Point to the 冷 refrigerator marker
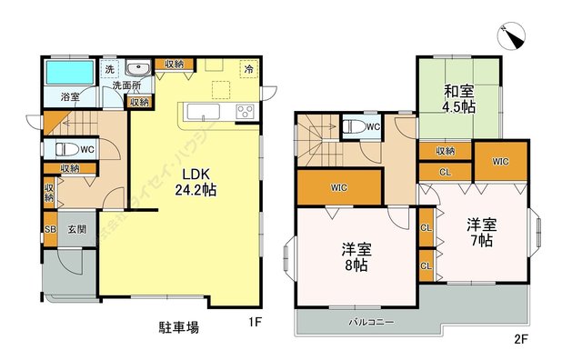point(248,69)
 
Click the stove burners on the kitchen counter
point(246,112)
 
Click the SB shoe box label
point(50,229)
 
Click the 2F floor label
point(520,341)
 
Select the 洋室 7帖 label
point(480,232)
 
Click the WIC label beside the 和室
point(500,162)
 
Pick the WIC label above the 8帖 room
point(338,188)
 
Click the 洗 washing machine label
point(109,69)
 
